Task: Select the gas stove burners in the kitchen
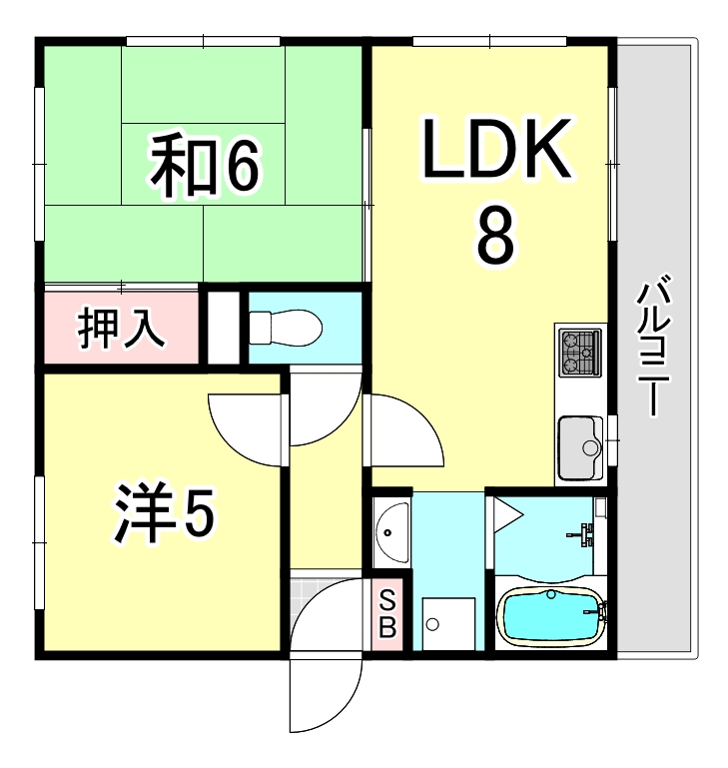point(580,351)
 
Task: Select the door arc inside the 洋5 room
point(245,424)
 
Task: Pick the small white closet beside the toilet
point(221,327)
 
